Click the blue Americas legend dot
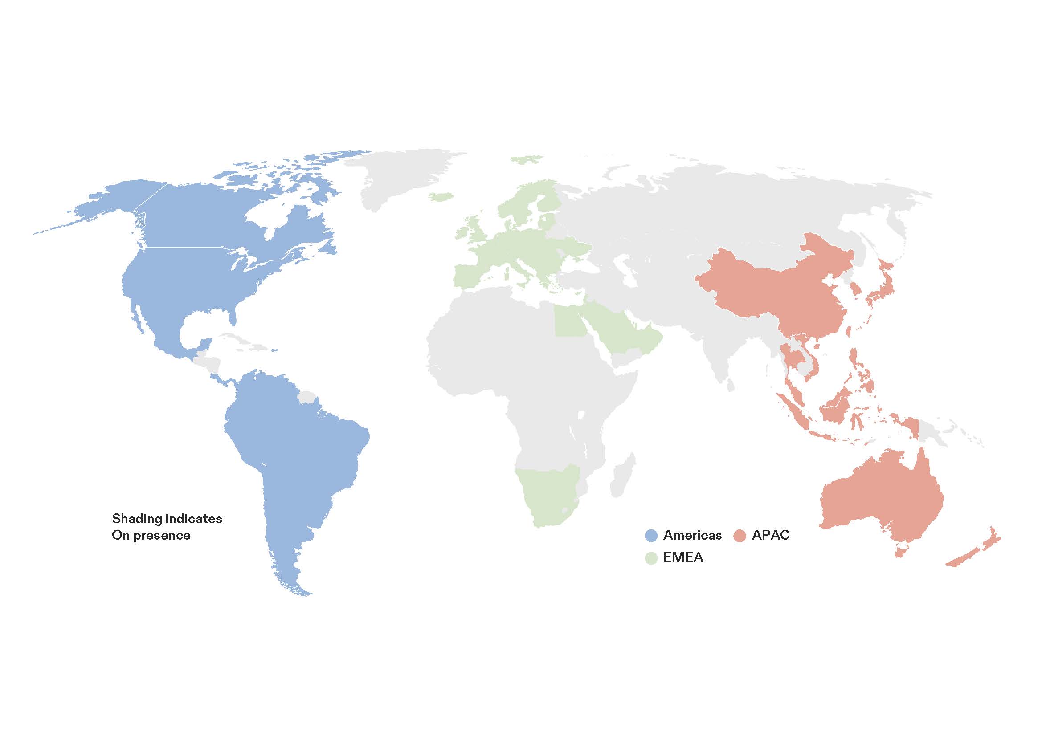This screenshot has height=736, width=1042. click(x=651, y=535)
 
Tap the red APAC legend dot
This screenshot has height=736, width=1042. click(x=740, y=535)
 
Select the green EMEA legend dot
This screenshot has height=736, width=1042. click(x=651, y=558)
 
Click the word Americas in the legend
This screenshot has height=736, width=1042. click(x=692, y=535)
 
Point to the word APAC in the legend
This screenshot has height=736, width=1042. click(x=771, y=535)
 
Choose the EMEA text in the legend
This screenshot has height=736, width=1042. click(x=683, y=557)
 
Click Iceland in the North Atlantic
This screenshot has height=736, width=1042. click(x=441, y=197)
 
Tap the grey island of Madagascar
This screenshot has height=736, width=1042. click(x=623, y=476)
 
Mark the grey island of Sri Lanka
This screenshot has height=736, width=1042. click(x=730, y=386)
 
